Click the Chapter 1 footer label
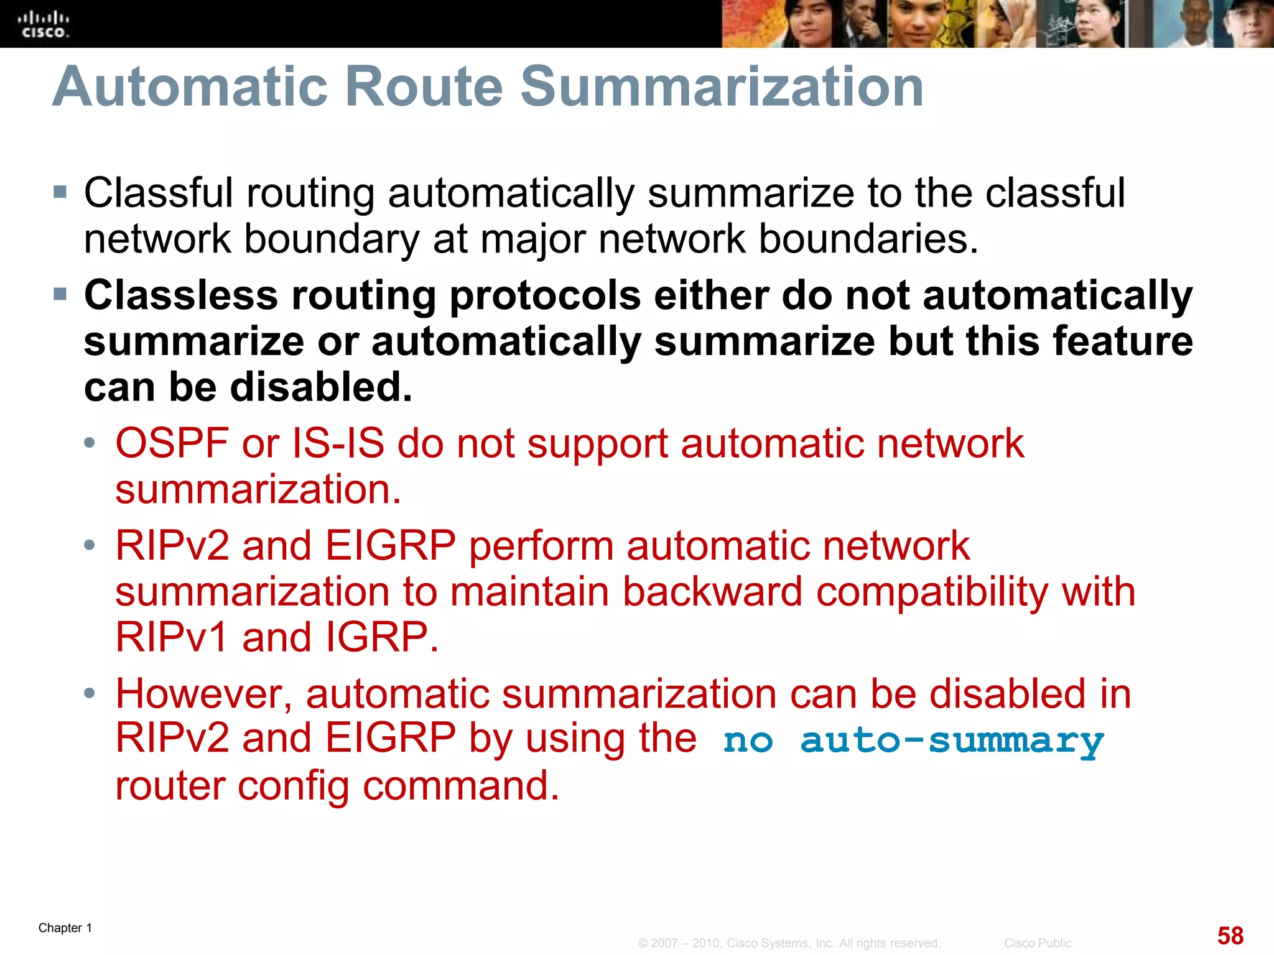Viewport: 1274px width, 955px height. [65, 928]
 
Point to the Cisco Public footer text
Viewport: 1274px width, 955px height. [1037, 943]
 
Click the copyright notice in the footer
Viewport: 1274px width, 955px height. [789, 943]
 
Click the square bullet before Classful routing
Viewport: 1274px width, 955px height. [60, 191]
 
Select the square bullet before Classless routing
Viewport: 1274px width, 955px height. [60, 293]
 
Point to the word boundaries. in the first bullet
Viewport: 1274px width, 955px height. [868, 239]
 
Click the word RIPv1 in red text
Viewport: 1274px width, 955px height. [172, 638]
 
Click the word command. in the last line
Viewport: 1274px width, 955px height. [461, 786]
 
